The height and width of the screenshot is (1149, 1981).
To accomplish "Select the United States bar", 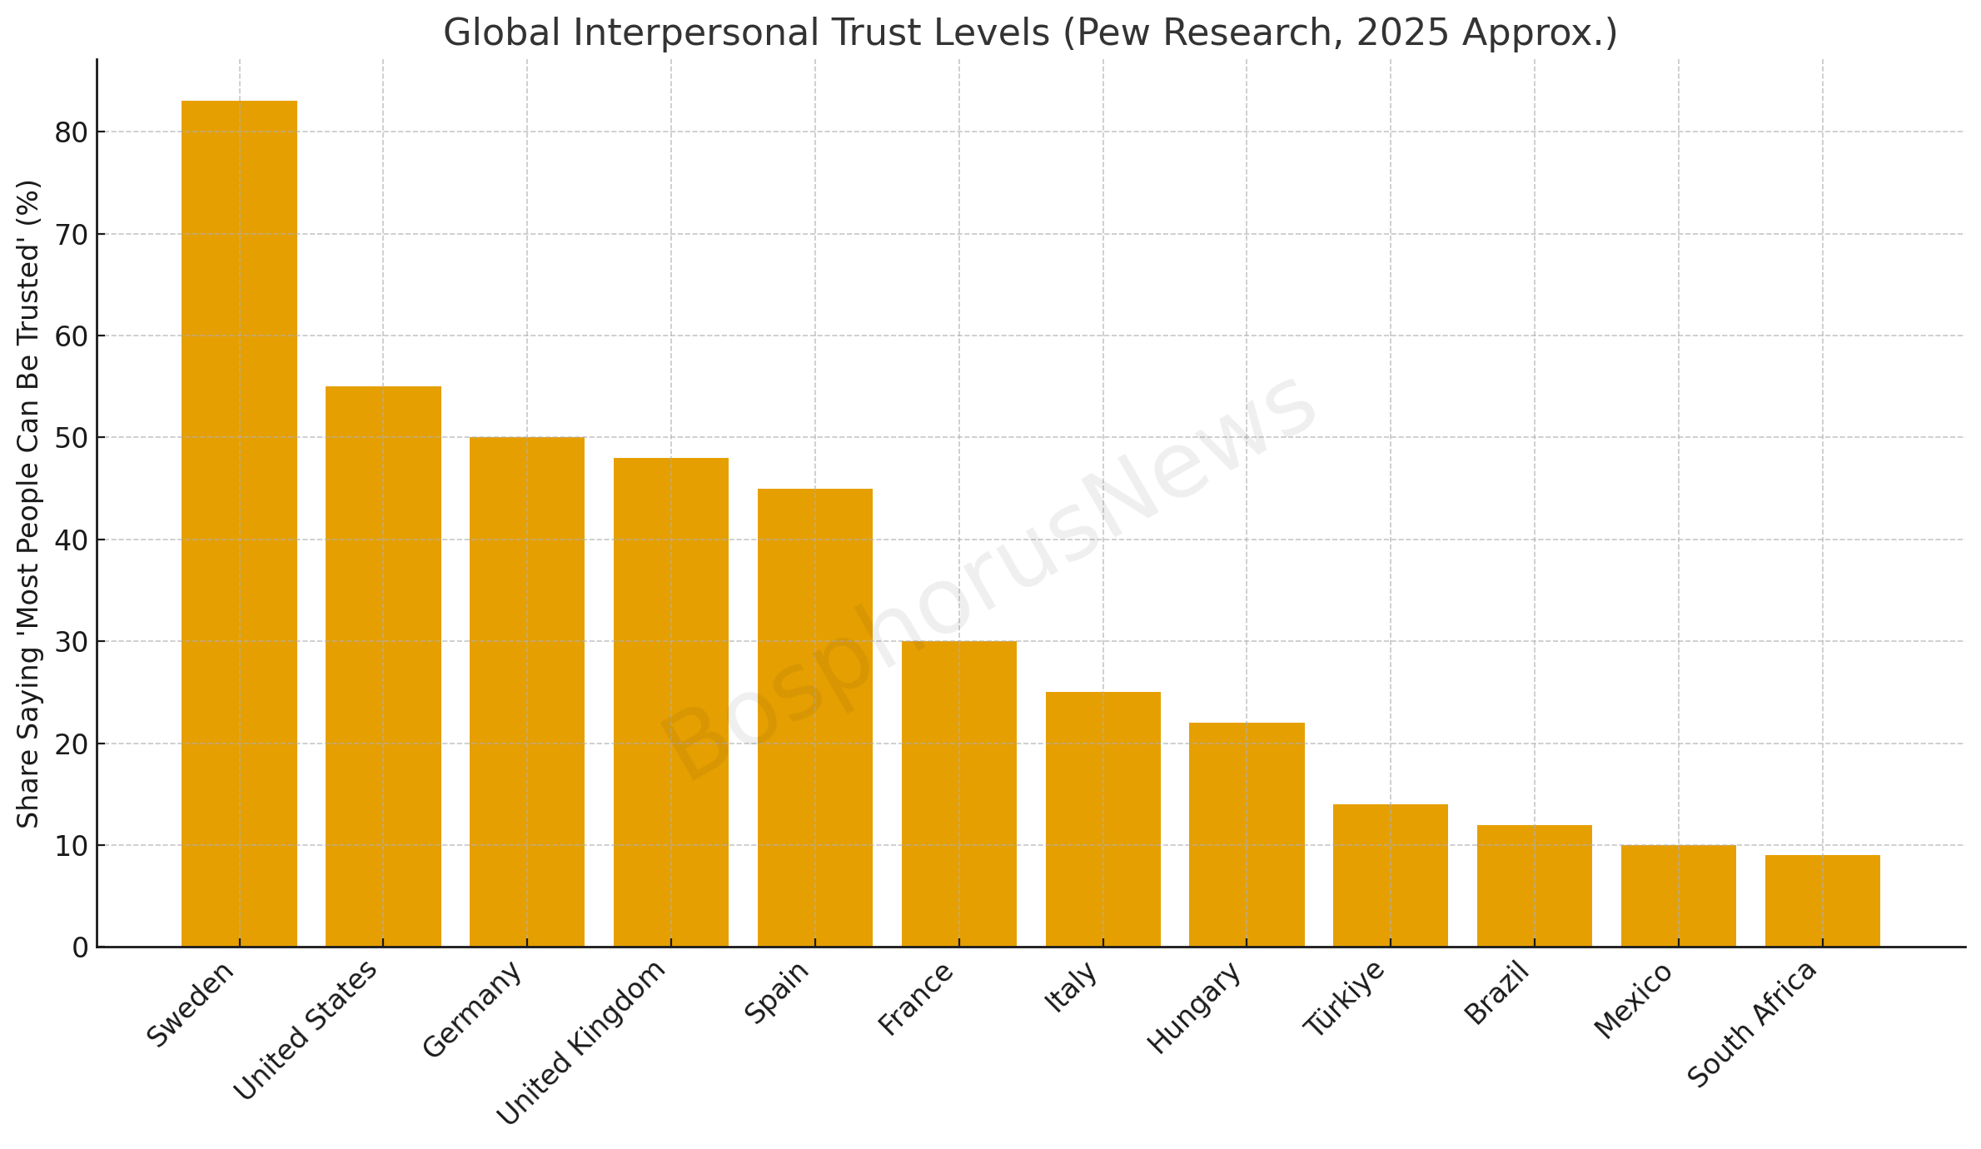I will [x=383, y=666].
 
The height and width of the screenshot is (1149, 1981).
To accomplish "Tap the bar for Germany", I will [x=527, y=691].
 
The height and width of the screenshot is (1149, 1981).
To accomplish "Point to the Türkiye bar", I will [x=1390, y=875].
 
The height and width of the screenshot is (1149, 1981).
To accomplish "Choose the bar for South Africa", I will [x=1822, y=900].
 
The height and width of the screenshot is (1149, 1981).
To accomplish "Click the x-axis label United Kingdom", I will [x=582, y=1042].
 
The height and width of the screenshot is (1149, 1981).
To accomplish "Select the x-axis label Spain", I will [x=777, y=992].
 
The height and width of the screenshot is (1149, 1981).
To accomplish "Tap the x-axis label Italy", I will [x=1071, y=987].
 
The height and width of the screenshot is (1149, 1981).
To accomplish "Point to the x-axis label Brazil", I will [x=1496, y=992].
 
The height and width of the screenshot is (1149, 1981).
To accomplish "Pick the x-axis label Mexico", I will [x=1633, y=999].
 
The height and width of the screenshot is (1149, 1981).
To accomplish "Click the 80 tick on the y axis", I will [x=71, y=132].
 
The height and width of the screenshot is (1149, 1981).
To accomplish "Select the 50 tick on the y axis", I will [x=71, y=438].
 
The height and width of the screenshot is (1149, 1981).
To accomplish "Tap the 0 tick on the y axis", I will [x=80, y=948].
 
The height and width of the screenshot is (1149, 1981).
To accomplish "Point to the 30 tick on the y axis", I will [x=71, y=642].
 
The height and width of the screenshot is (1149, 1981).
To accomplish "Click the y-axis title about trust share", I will [x=29, y=503].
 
